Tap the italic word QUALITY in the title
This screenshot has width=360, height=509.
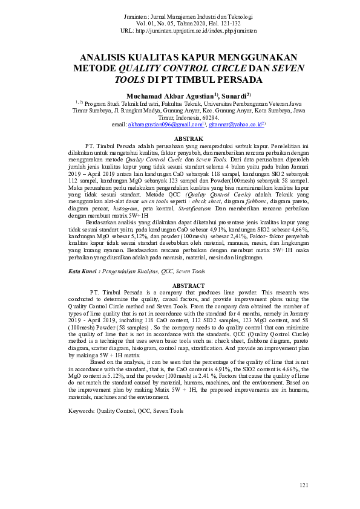tap(148, 68)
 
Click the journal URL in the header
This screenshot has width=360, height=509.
tap(197, 30)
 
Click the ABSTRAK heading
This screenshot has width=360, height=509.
tap(180, 139)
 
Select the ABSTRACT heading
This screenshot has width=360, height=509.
tap(180, 285)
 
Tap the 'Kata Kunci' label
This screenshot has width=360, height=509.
tap(83, 272)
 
